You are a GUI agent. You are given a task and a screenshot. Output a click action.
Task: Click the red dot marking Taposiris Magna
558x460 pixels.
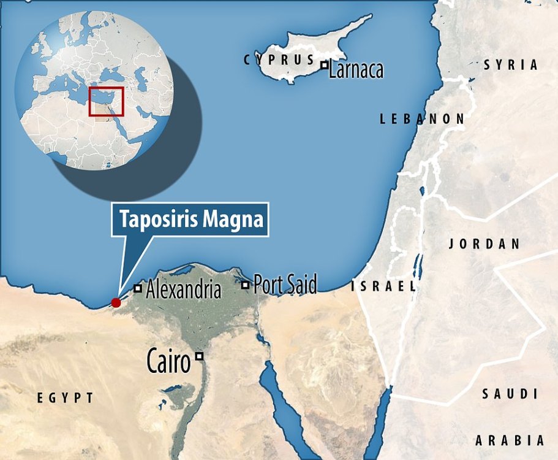click(115, 302)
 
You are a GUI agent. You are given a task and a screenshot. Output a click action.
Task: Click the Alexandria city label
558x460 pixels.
click(183, 289)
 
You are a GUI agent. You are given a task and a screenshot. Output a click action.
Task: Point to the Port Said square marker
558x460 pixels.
click(246, 285)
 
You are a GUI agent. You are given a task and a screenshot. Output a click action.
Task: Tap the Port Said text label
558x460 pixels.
click(285, 285)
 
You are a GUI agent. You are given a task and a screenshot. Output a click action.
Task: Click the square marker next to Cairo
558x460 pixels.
click(199, 356)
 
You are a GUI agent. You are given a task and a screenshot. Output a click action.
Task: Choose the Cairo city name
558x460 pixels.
click(168, 362)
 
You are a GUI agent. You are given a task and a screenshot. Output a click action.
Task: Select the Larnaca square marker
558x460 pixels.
click(324, 64)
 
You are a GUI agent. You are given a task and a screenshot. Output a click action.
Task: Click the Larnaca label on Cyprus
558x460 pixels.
click(356, 70)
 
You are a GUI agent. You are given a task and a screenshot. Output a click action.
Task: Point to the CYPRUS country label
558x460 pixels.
click(279, 60)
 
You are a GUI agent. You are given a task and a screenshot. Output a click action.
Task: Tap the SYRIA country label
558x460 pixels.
click(511, 64)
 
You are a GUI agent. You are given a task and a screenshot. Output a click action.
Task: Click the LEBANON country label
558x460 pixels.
click(422, 119)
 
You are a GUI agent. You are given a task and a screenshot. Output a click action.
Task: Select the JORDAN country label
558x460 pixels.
click(484, 243)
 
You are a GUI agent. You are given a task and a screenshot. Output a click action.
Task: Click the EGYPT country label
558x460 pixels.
click(66, 398)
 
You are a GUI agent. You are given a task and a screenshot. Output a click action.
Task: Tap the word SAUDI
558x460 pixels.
click(510, 394)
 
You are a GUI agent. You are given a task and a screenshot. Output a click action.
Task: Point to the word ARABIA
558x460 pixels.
click(510, 440)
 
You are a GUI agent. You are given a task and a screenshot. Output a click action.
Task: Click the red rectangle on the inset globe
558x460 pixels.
click(106, 101)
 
